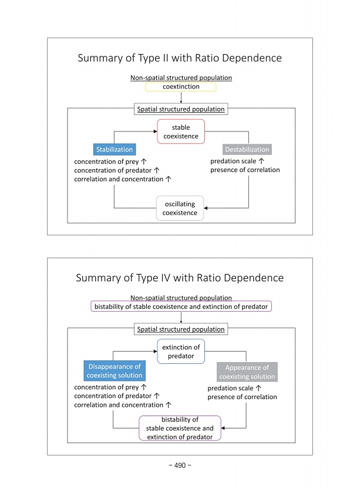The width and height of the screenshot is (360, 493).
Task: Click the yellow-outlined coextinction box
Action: tap(181, 87)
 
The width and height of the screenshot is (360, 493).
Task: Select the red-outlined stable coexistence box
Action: tap(181, 131)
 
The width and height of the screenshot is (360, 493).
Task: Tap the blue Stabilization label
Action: tap(114, 149)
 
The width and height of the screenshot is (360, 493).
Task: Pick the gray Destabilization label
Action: tap(247, 150)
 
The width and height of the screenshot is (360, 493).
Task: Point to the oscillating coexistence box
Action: tap(180, 208)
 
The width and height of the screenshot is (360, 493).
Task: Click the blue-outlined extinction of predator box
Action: tap(181, 352)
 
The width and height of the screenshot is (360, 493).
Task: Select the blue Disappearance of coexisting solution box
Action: tap(114, 371)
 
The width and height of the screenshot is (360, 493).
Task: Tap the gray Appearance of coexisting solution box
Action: tap(247, 372)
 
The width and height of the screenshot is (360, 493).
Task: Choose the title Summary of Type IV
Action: tap(180, 278)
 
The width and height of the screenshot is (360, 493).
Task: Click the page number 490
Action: tap(180, 465)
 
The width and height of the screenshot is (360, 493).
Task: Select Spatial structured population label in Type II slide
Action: tap(181, 109)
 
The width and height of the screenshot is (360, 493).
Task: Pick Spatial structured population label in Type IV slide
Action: tap(181, 329)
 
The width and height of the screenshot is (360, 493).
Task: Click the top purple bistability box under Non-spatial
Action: tap(181, 306)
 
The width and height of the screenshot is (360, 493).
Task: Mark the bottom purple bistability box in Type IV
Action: tap(180, 428)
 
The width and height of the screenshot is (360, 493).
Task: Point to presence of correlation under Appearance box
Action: tap(242, 397)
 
